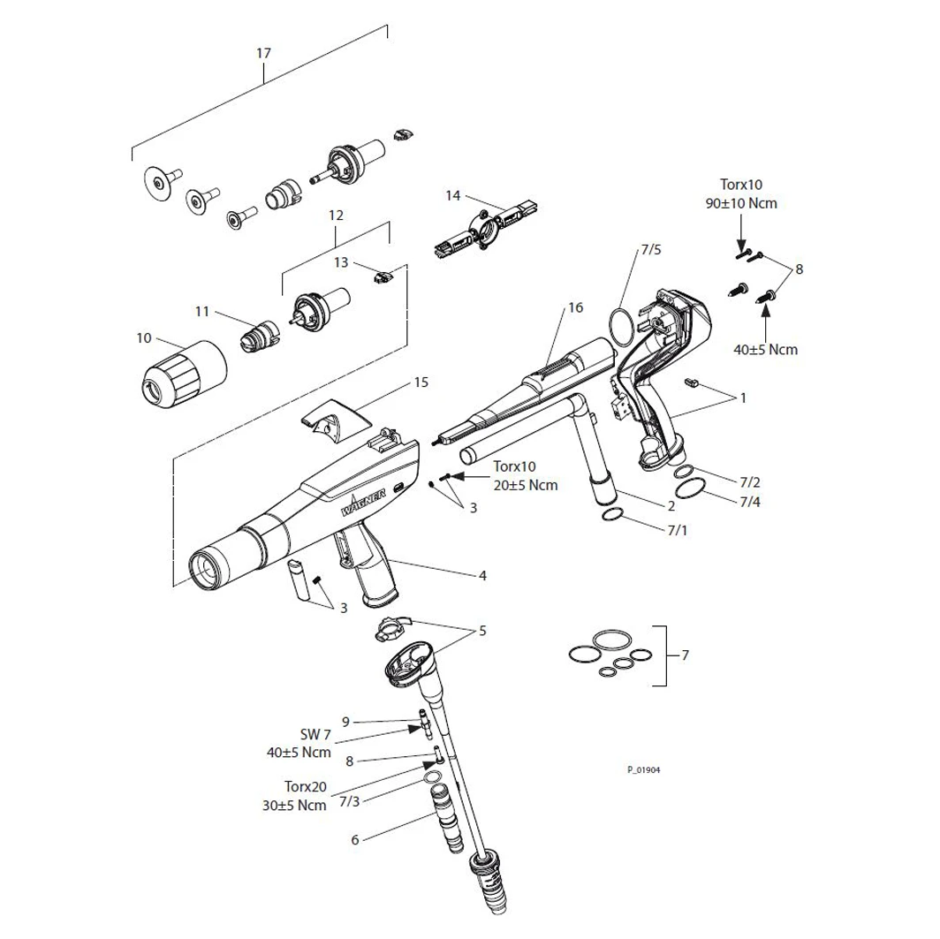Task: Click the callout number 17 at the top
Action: tap(263, 53)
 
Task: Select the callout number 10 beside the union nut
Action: tap(143, 337)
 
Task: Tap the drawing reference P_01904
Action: tap(644, 769)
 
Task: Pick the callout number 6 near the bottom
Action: tap(355, 839)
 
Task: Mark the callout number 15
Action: tap(421, 382)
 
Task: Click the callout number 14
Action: tap(453, 194)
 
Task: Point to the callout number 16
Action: tap(576, 307)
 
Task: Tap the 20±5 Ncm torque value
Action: tap(527, 484)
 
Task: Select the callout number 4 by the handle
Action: tap(482, 575)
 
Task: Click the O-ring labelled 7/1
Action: tap(616, 516)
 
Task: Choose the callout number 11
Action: tap(202, 310)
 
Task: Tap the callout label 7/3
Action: tap(349, 801)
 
